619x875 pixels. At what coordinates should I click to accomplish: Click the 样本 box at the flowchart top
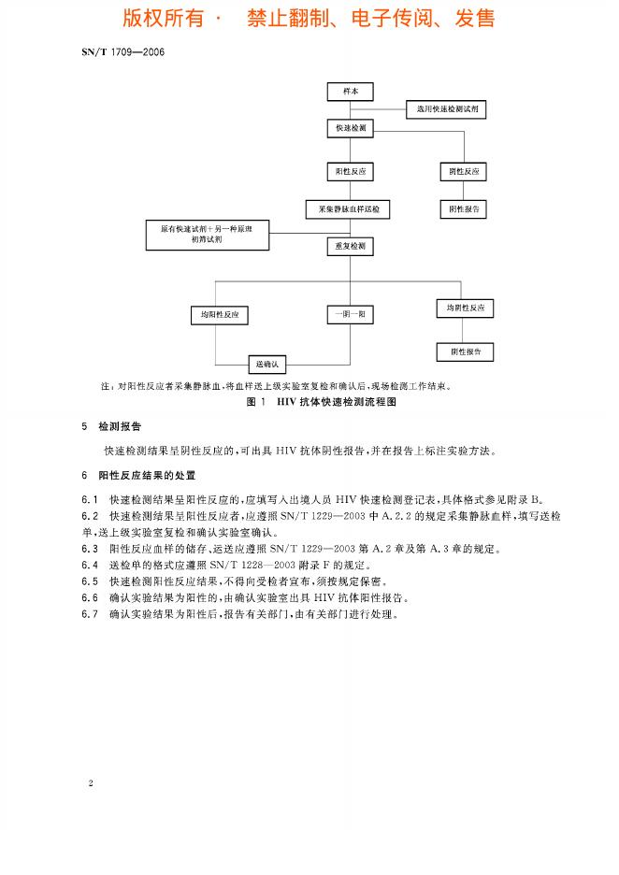pos(350,91)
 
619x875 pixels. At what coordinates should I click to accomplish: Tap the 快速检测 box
pos(350,126)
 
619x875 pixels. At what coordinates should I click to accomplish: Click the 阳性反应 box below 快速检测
pos(350,172)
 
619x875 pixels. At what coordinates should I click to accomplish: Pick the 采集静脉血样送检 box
pos(350,209)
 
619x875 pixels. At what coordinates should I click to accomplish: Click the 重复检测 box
pos(350,247)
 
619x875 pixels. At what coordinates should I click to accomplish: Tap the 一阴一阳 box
pos(350,315)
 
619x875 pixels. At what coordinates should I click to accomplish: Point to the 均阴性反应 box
pos(465,308)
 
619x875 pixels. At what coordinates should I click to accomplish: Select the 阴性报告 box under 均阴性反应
pos(465,351)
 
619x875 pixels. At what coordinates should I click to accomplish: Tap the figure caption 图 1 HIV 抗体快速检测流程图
pos(309,400)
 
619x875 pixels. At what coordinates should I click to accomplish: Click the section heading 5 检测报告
pos(112,426)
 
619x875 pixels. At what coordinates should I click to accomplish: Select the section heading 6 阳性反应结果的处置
pos(140,475)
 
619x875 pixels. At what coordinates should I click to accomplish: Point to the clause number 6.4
pos(90,565)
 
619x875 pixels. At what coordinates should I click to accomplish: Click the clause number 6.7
pos(90,615)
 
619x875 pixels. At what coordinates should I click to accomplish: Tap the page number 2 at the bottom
pos(90,782)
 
